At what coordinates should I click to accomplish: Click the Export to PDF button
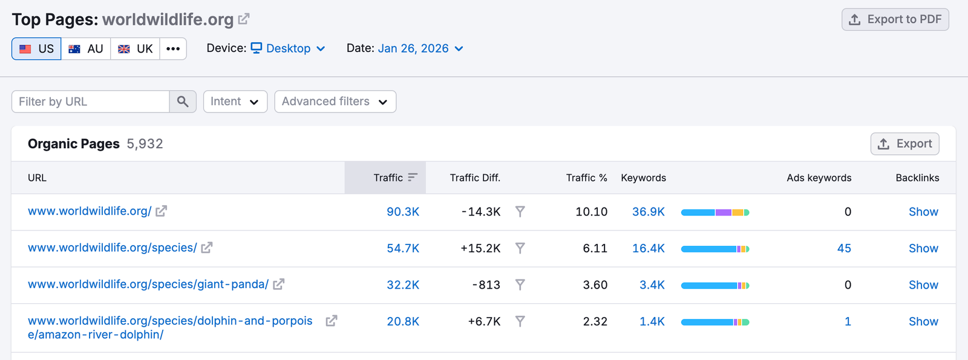pos(895,19)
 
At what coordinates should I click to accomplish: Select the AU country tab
pos(86,49)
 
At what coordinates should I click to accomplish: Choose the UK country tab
pos(136,49)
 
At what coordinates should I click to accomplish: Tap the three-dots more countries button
pos(173,49)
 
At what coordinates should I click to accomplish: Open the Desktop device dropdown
pos(289,48)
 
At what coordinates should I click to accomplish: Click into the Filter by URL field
pos(91,102)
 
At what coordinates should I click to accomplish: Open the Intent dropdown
pos(235,102)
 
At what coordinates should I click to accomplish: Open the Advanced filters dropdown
pos(335,102)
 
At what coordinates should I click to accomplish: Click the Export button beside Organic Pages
pos(904,144)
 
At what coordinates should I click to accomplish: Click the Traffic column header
pos(388,178)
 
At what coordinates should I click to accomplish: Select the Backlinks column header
pos(917,178)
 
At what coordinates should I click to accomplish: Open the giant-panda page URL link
pos(148,284)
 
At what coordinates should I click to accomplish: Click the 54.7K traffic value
pos(403,249)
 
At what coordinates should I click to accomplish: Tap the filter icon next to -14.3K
pos(520,212)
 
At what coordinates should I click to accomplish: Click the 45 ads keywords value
pos(844,249)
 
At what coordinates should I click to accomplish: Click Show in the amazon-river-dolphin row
pos(923,322)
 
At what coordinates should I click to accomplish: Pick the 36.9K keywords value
pos(648,212)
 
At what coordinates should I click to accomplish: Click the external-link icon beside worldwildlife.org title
pos(243,19)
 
